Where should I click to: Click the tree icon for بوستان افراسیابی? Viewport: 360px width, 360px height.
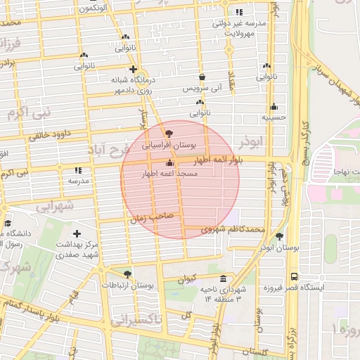tap(168, 132)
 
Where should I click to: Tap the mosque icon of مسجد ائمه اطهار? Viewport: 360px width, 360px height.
tap(168, 164)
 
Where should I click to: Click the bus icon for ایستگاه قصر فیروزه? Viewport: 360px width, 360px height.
tap(293, 276)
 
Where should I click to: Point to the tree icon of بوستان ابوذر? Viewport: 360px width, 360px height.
tap(280, 236)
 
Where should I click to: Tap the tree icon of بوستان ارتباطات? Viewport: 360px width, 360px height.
tap(127, 274)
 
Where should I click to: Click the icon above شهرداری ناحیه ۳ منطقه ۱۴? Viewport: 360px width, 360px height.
tap(223, 278)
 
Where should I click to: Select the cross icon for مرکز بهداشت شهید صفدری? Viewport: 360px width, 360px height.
tap(77, 233)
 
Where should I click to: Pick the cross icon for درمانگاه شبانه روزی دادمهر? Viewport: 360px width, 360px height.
tap(131, 69)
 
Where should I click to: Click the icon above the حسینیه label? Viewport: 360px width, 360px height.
tap(273, 107)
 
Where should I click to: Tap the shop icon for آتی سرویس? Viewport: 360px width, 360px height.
tap(202, 77)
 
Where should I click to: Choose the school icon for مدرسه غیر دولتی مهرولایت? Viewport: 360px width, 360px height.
tap(240, 12)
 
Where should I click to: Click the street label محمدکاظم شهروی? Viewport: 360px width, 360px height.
tap(232, 229)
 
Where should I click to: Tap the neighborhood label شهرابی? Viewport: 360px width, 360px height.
tap(54, 207)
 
